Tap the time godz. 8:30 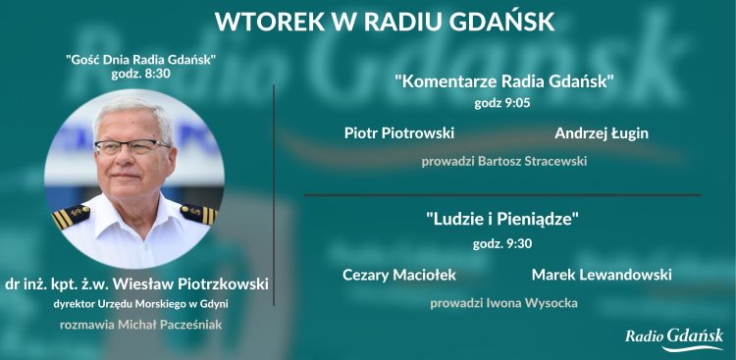pyautogui.click(x=140, y=75)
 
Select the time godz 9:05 pyautogui.click(x=503, y=100)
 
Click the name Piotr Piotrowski pyautogui.click(x=399, y=132)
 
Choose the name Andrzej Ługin pyautogui.click(x=602, y=132)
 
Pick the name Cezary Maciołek pyautogui.click(x=399, y=275)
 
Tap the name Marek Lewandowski pyautogui.click(x=602, y=275)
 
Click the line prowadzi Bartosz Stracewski pyautogui.click(x=503, y=160)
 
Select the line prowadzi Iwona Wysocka pyautogui.click(x=503, y=303)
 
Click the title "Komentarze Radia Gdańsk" pyautogui.click(x=503, y=81)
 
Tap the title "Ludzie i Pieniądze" pyautogui.click(x=503, y=221)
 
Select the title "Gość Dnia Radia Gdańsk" pyautogui.click(x=140, y=60)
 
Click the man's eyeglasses pyautogui.click(x=131, y=147)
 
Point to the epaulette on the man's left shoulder pyautogui.click(x=197, y=213)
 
